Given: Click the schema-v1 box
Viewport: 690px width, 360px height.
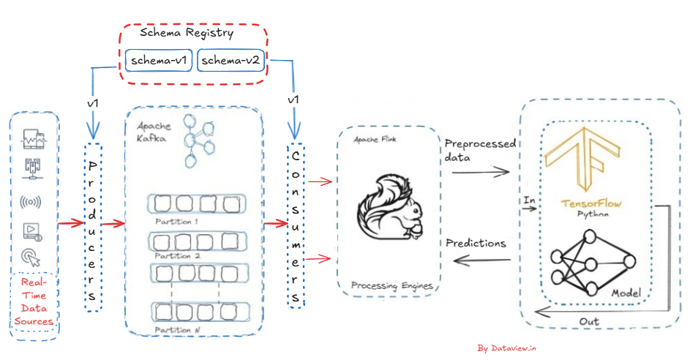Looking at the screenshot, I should coord(159,61).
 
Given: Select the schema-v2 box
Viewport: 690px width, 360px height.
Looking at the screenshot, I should coord(229,61).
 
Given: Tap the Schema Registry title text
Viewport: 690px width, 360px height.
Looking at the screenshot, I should coord(187,33).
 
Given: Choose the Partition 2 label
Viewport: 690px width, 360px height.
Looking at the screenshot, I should coord(178,256).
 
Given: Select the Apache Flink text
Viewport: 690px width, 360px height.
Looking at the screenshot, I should coord(375,138).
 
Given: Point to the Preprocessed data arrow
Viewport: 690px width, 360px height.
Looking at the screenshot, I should coord(480,173).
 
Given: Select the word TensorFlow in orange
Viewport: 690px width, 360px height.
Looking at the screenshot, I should coord(593,203).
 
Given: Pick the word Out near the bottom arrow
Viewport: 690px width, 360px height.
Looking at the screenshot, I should coord(589,320).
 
